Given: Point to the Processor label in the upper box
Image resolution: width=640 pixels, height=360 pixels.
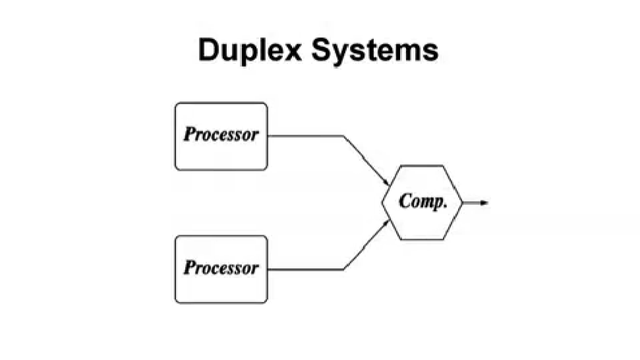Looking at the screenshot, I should point(221,135).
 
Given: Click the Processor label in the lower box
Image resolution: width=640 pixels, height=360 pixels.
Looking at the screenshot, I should point(221,268).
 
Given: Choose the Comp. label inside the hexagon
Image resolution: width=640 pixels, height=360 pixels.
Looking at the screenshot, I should point(422,202).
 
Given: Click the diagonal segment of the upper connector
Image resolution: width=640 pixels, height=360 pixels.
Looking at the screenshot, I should point(364,160).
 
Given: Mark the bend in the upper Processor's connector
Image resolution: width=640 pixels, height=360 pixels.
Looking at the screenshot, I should point(343,136).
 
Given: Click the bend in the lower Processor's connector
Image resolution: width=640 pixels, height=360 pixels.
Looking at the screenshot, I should point(343,270).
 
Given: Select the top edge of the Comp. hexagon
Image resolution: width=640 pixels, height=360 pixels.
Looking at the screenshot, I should point(422,166).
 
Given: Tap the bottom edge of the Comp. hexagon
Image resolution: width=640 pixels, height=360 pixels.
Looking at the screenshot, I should point(422,239).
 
